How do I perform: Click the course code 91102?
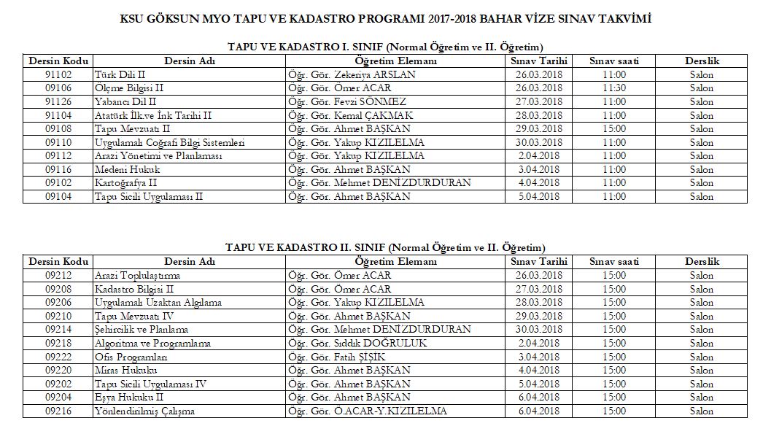pos(58,75)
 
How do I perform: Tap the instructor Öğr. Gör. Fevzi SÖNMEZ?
pos(347,102)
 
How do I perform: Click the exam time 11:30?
pos(614,88)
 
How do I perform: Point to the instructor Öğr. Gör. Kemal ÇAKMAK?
pos(351,115)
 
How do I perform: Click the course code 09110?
pos(58,142)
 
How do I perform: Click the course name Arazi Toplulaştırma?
pos(137,276)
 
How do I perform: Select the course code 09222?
pos(58,357)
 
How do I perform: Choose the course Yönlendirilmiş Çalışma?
pos(144,411)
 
